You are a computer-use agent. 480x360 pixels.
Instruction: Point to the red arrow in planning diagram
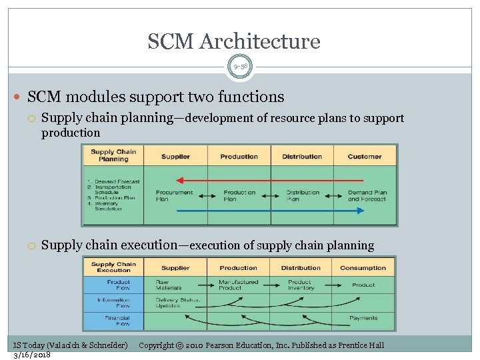[269, 180]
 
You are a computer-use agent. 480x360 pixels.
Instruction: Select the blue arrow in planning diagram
[269, 211]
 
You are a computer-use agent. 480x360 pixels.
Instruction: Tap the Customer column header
[365, 157]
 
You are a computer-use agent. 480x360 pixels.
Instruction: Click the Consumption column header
[363, 268]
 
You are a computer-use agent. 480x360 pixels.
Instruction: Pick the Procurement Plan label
[174, 195]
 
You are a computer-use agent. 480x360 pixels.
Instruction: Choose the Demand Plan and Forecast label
[367, 195]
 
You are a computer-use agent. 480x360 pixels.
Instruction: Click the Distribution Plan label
[303, 195]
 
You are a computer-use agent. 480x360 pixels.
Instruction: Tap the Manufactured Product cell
[239, 285]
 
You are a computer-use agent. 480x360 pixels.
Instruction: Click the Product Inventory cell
[300, 285]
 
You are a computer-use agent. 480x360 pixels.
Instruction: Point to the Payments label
[363, 318]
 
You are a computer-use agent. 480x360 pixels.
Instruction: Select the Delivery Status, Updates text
[177, 303]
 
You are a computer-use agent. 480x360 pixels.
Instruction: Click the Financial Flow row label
[113, 321]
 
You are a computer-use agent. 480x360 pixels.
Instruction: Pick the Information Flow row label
[113, 303]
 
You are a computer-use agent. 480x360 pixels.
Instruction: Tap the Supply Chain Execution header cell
[113, 267]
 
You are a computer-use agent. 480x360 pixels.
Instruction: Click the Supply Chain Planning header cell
[113, 156]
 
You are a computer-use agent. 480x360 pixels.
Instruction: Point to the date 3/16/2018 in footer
[33, 355]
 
